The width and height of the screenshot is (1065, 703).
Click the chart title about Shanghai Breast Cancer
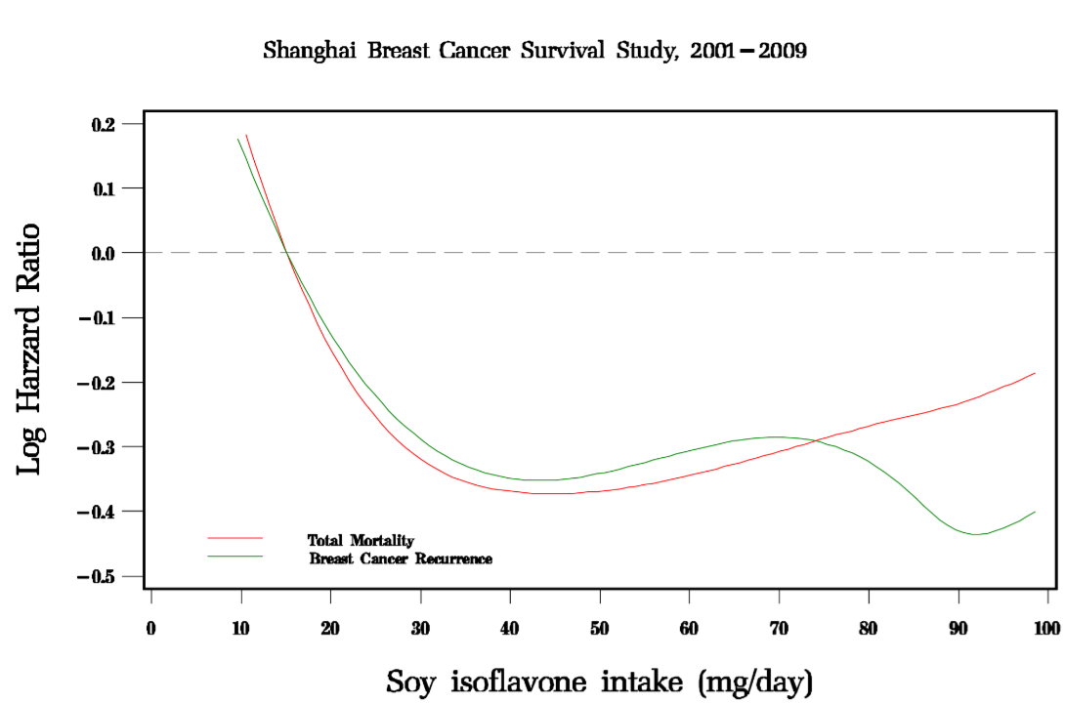534,51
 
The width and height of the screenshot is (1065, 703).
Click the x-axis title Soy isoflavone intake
600,681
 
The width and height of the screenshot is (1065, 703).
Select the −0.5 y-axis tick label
99,576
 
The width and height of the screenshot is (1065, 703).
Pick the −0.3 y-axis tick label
99,447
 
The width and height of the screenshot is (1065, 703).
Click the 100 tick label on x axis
1047,626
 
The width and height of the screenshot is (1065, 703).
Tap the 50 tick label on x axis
600,626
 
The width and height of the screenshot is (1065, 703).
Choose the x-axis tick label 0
151,626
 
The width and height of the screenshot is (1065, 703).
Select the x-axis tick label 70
779,626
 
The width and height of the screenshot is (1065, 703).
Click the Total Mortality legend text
361,540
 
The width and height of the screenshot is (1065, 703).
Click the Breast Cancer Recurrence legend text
401,559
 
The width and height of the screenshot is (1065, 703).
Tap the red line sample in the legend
235,538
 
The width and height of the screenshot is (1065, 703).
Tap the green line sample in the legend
235,557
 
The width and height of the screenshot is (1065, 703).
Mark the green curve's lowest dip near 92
975,534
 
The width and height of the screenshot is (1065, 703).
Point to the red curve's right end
1034,373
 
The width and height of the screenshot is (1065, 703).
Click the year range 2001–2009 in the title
747,51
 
